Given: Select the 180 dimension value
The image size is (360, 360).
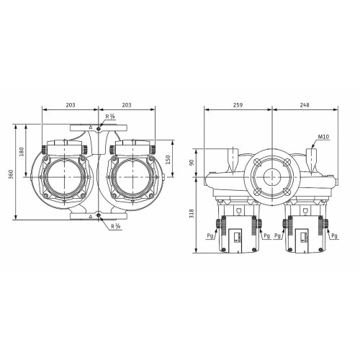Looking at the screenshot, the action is [22, 151].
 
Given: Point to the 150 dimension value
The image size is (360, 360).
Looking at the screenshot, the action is [168, 160].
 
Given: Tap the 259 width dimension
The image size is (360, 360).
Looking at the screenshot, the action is [238, 105].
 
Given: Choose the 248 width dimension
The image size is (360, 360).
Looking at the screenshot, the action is [305, 105].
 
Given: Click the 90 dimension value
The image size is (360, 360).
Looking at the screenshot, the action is [192, 163].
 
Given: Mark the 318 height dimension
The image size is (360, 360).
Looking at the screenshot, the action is [192, 213].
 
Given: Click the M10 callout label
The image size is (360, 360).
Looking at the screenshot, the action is [323, 137].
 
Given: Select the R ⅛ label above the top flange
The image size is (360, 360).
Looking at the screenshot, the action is [111, 117].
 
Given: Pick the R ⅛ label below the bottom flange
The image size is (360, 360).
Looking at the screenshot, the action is [116, 226].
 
